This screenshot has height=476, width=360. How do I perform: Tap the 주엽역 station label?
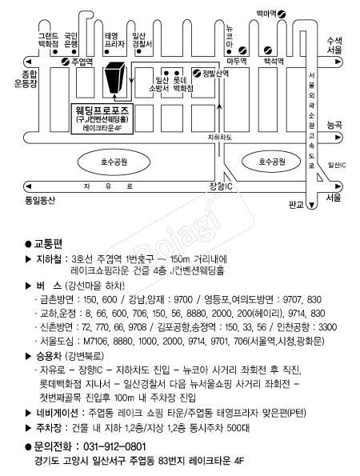click(82, 62)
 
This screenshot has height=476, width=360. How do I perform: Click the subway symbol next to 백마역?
click(282, 14)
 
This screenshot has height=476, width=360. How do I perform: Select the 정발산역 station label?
click(215, 73)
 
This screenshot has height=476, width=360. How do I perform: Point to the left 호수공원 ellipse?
click(114, 162)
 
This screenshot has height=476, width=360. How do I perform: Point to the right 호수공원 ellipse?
click(271, 162)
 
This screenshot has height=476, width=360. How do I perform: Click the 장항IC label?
click(221, 186)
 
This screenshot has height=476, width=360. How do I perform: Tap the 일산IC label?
click(337, 165)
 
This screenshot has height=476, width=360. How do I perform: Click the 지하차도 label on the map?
click(220, 138)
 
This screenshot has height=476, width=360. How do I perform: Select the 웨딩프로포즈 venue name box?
click(102, 118)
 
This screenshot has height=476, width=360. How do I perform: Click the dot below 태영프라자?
click(107, 52)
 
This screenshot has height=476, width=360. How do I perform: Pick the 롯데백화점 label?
click(183, 84)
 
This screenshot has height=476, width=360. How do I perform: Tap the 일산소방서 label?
click(158, 84)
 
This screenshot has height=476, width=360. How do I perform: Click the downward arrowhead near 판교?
click(311, 206)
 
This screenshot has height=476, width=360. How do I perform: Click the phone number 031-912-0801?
click(114, 446)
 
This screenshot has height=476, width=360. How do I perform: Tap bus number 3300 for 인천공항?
click(327, 327)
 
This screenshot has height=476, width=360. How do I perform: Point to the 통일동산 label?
click(40, 200)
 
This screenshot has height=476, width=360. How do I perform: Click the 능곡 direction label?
click(334, 125)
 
